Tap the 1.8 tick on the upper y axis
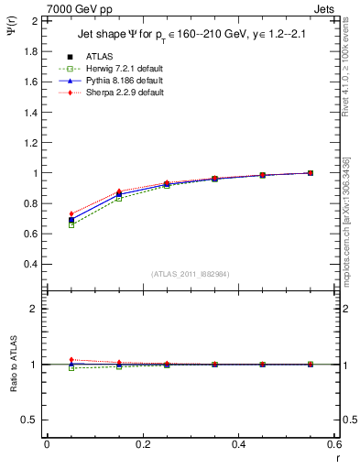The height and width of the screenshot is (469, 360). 32,51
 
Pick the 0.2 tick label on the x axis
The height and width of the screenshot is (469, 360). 143,444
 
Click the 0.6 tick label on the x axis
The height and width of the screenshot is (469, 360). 334,444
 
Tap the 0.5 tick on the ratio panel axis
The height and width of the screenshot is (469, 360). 32,420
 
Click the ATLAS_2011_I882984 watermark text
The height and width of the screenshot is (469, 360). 190,274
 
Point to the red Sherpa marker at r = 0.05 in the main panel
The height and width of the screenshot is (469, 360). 71,214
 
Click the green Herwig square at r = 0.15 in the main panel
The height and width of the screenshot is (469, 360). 119,198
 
